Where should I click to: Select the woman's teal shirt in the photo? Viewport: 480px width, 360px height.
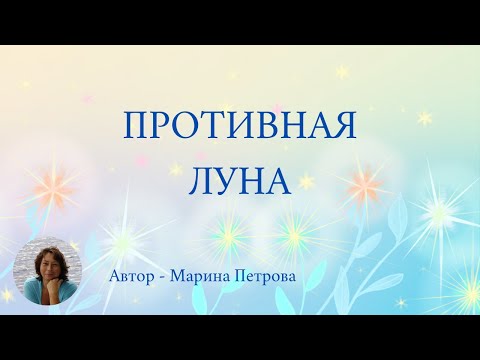60,296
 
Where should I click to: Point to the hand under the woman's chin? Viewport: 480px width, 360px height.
45,290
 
